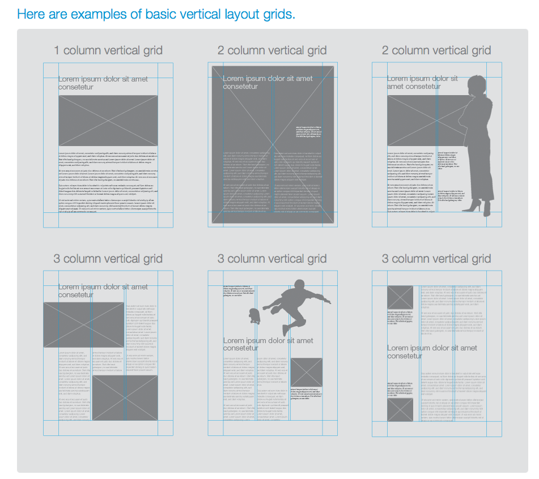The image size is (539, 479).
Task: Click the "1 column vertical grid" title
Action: tap(108, 50)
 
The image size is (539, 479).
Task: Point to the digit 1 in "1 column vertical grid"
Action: tap(57, 50)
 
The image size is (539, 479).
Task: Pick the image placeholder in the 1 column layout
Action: tap(108, 121)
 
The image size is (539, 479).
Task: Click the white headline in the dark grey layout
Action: tap(268, 82)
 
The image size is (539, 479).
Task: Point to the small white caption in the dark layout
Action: tap(308, 131)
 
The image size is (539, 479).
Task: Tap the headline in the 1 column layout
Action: tap(103, 83)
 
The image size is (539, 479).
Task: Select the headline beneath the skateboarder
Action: tap(268, 344)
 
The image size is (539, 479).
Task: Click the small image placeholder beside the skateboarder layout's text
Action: tap(307, 372)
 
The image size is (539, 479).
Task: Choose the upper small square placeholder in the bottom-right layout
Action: tap(400, 297)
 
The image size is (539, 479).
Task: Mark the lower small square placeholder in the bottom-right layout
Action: tap(400, 409)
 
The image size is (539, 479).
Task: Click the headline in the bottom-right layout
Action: tap(432, 352)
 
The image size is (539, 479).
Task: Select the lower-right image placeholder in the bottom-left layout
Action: tap(125, 398)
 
